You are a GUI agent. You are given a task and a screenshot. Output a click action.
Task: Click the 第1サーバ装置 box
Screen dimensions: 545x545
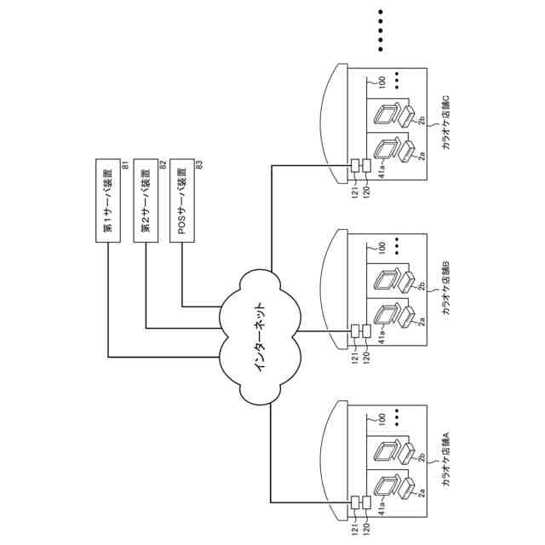[x=108, y=201]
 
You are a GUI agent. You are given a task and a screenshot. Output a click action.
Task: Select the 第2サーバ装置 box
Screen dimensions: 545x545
[x=146, y=201]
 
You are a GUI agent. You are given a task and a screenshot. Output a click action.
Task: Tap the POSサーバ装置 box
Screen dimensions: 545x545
[x=182, y=201]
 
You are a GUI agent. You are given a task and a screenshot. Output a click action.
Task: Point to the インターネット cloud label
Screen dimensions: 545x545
[x=260, y=338]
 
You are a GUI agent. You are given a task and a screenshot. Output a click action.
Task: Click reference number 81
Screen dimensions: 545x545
[x=125, y=164]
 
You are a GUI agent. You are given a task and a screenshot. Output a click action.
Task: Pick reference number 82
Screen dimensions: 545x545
[x=163, y=164]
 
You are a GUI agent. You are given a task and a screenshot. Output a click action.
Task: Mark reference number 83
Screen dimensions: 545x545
[x=198, y=164]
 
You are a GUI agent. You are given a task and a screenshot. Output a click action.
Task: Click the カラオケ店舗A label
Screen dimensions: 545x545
[x=445, y=459]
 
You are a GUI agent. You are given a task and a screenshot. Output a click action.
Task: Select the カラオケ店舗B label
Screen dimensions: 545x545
[x=445, y=288]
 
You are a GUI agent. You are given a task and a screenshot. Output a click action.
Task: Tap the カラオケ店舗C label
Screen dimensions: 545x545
[x=445, y=123]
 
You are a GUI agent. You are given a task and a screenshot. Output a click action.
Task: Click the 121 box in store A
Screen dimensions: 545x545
[x=355, y=502]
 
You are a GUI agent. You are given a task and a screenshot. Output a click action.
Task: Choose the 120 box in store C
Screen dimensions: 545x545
[x=366, y=165]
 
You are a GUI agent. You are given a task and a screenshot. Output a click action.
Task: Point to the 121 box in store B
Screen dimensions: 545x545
[x=355, y=331]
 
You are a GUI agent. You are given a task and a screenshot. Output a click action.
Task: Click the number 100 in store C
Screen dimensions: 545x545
[x=382, y=82]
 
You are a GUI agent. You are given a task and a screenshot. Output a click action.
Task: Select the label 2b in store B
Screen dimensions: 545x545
[x=422, y=286]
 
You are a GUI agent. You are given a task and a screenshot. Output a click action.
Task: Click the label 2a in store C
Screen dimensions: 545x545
[x=422, y=155]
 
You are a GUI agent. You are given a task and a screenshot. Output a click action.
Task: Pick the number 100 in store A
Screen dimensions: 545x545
[x=382, y=418]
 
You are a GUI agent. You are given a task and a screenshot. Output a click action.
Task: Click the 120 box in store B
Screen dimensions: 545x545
[x=366, y=331]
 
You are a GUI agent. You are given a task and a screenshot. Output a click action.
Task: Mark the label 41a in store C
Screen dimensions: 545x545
[x=382, y=171]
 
